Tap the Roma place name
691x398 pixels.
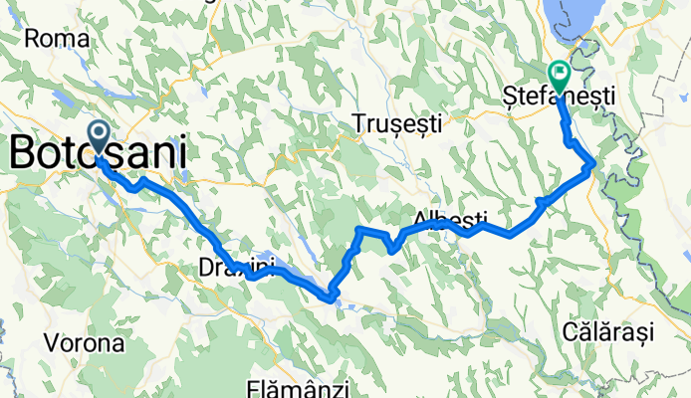click(58, 39)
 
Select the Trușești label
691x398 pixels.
click(396, 123)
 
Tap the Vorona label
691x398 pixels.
click(85, 343)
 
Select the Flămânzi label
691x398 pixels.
click(294, 386)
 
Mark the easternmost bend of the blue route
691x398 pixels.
click(593, 163)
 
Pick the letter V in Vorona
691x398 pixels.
click(52, 343)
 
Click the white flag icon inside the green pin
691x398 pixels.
click(559, 71)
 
